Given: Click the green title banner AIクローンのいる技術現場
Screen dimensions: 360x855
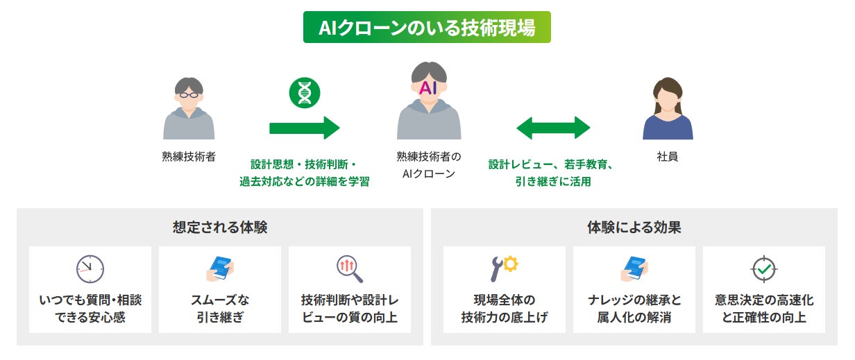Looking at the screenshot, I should click(x=427, y=27).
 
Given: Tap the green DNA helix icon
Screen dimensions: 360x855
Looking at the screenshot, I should click(x=304, y=93).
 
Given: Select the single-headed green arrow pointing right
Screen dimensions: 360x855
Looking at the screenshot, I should click(x=304, y=128).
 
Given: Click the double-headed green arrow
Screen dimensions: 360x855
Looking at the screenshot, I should click(x=553, y=128).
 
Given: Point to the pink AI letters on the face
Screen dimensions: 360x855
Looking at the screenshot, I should click(x=428, y=87).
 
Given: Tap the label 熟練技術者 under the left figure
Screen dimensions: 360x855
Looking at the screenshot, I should click(x=188, y=157).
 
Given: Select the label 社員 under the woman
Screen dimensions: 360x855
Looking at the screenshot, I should click(x=667, y=157).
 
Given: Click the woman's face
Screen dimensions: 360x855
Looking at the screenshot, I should click(x=667, y=96).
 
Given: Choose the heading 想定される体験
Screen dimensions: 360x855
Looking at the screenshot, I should click(x=220, y=227).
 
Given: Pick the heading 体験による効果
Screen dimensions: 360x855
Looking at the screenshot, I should click(x=634, y=227).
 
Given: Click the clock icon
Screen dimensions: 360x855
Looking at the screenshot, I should click(x=90, y=268).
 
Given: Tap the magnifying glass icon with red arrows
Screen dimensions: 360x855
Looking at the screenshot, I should click(x=349, y=269).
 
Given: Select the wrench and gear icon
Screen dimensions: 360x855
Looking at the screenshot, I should click(x=504, y=268).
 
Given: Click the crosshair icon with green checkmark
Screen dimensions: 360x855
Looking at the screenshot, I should click(x=763, y=268).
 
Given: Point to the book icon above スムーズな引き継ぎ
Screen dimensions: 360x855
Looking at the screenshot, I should click(x=220, y=268).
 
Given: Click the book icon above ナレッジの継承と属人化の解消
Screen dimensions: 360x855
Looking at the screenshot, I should click(x=634, y=268).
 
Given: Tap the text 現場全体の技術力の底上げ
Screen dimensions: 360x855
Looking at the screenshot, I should click(x=505, y=309).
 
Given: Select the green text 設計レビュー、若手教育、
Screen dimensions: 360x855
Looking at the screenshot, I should click(x=550, y=165).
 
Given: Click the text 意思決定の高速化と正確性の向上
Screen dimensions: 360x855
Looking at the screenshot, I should click(x=763, y=309).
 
